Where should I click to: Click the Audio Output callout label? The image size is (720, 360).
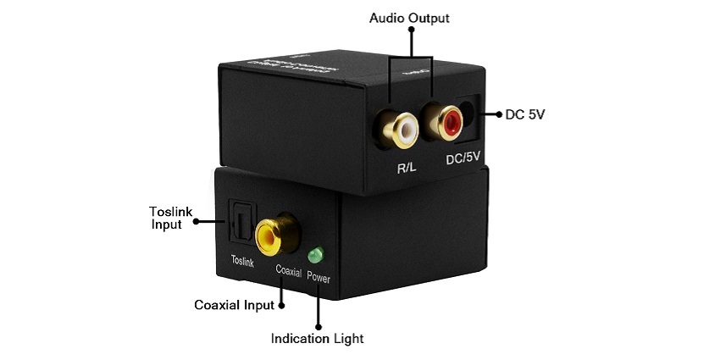(411, 17)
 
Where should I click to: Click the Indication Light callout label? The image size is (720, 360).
(317, 339)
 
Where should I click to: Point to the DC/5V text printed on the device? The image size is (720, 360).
(462, 161)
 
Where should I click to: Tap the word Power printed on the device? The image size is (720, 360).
(319, 277)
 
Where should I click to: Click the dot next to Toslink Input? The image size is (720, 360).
(195, 223)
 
